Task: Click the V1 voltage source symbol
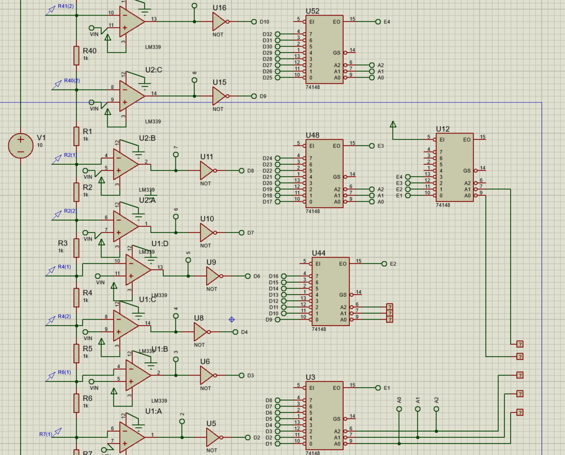click(x=21, y=145)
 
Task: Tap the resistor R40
click(x=77, y=55)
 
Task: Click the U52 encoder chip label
click(x=312, y=11)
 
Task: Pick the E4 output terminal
click(x=378, y=22)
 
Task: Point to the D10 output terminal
click(x=254, y=22)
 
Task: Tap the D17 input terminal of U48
click(x=277, y=202)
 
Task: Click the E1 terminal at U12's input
click(x=408, y=195)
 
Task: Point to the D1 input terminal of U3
click(x=277, y=444)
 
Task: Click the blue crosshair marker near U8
click(x=232, y=320)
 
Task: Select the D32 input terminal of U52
click(x=277, y=34)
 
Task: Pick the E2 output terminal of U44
click(x=384, y=264)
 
